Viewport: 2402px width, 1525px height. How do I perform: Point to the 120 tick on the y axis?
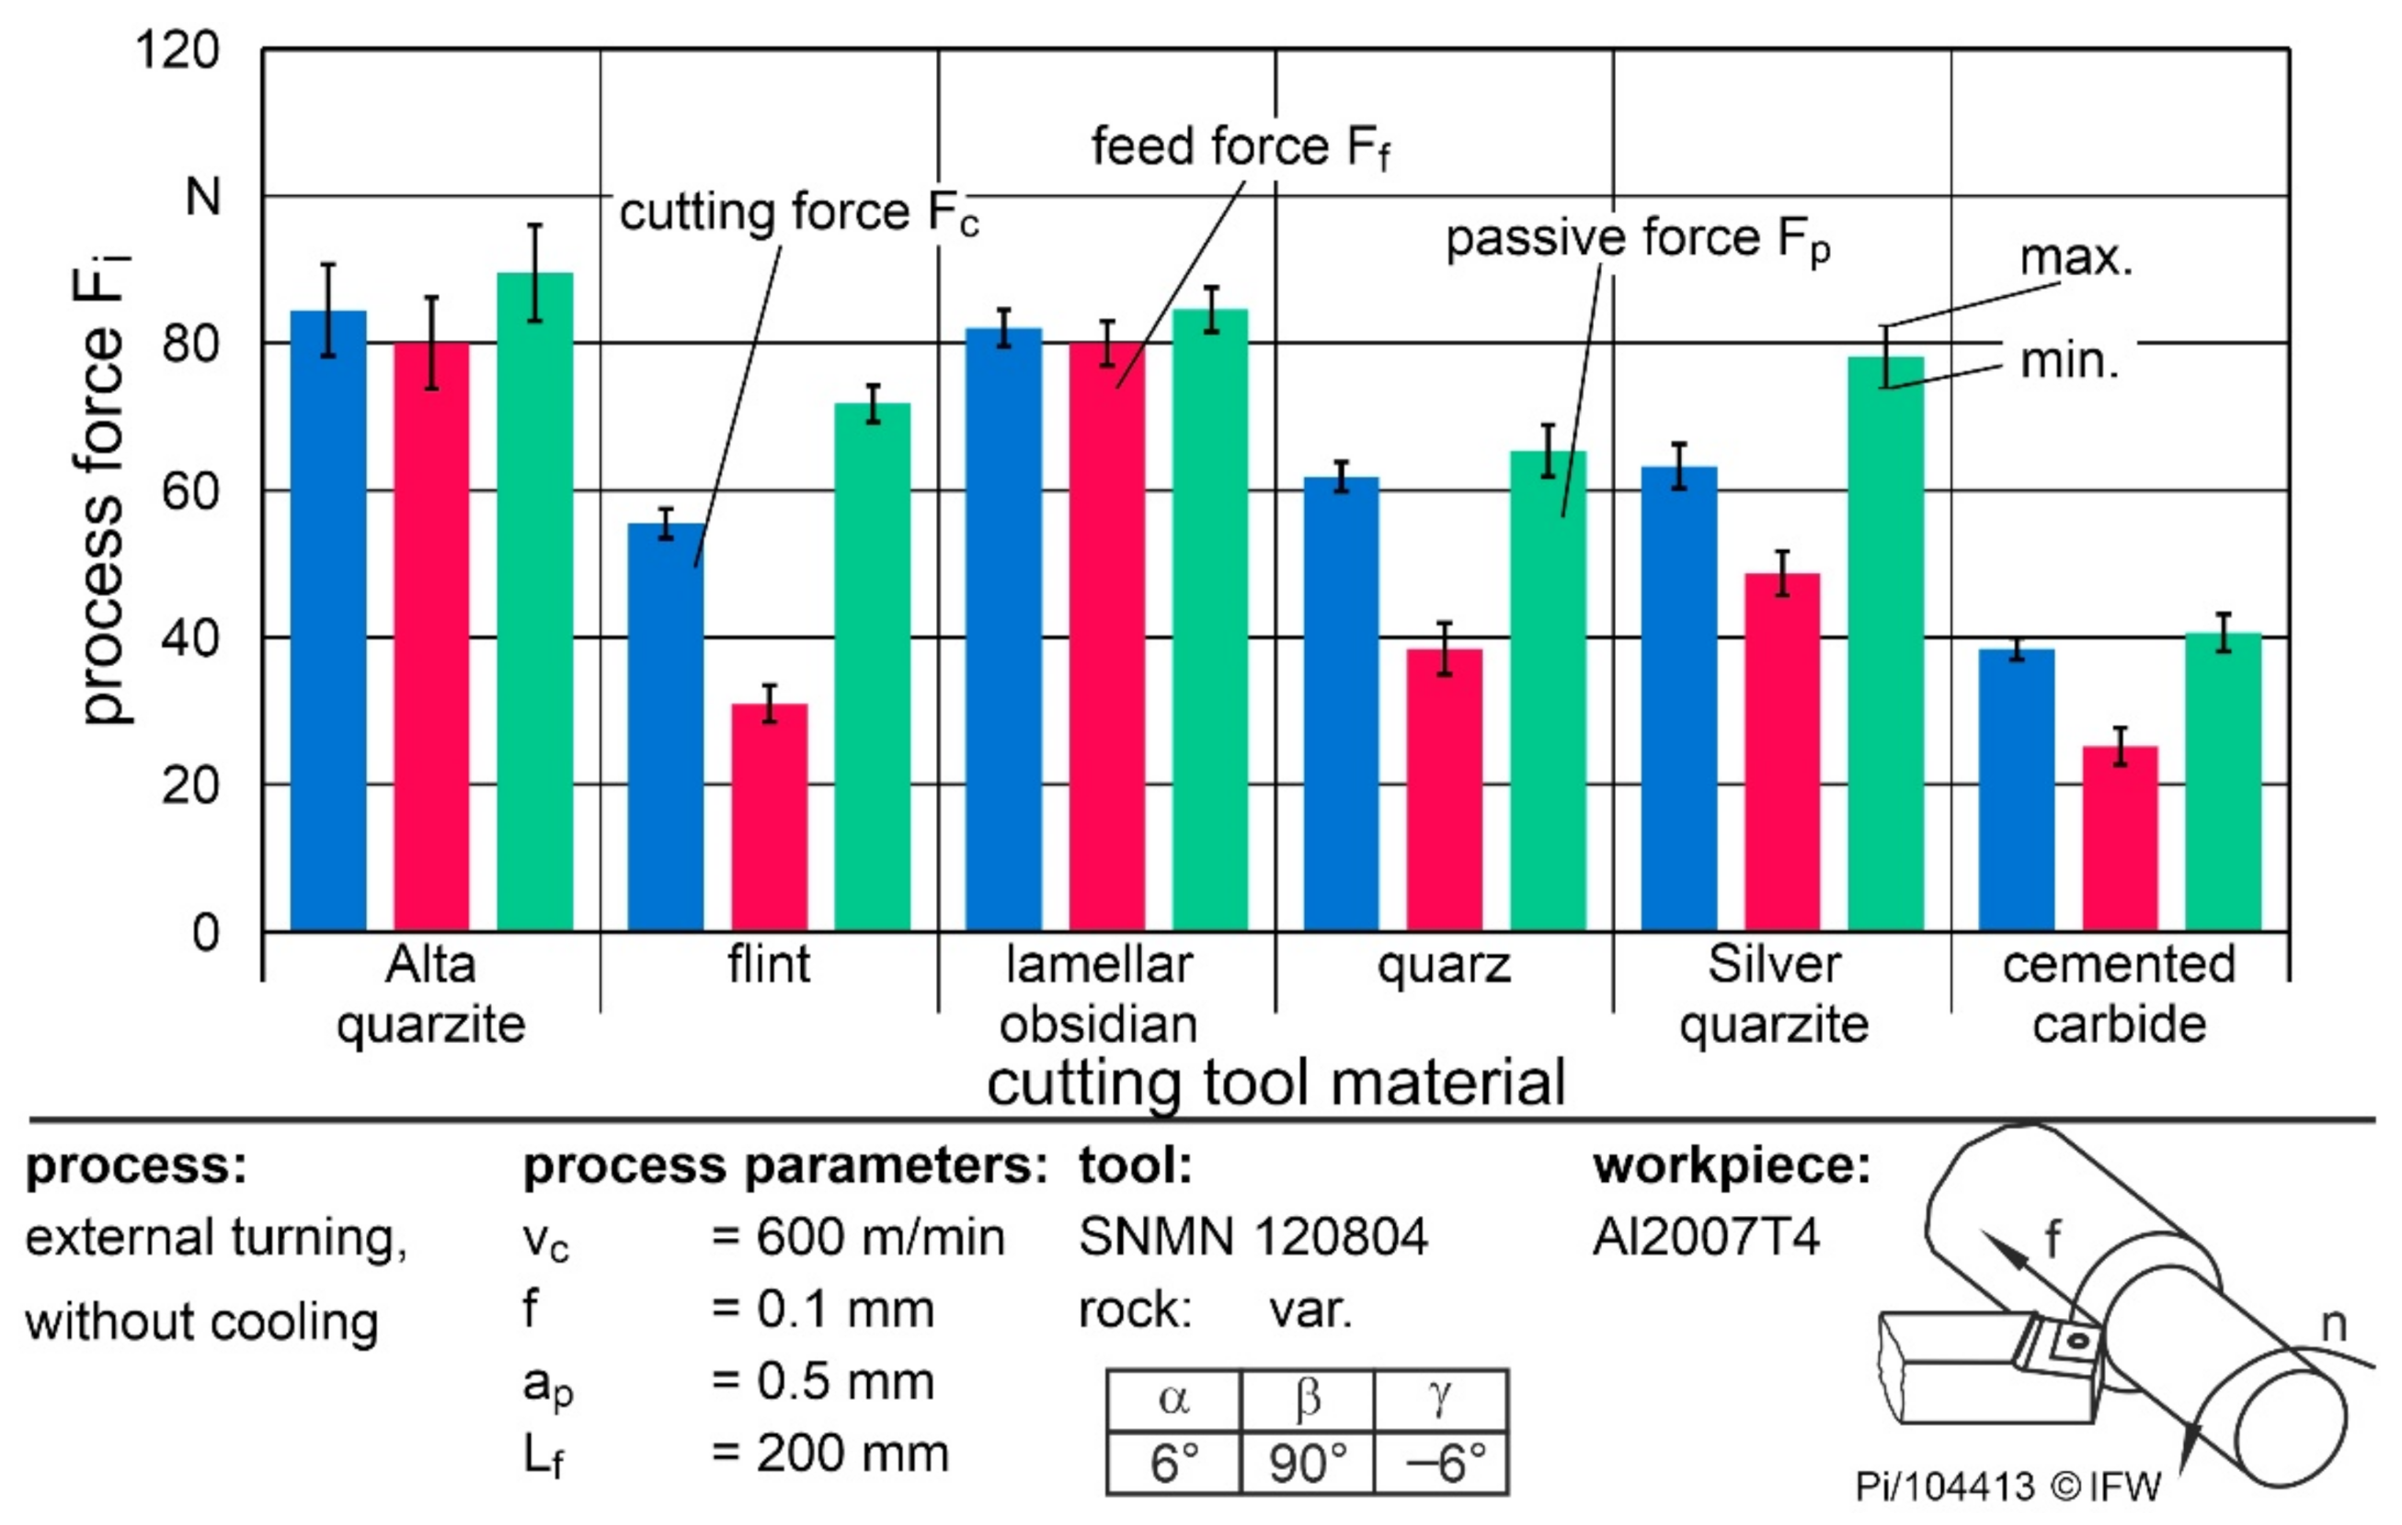(177, 50)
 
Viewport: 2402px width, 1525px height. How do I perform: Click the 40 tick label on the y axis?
(189, 638)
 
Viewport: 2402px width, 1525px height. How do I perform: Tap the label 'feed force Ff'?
(1240, 147)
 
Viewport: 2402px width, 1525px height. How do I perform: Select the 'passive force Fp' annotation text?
(1637, 239)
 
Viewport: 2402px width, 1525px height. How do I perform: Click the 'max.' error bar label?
(2075, 258)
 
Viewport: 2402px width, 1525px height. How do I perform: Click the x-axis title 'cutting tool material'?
(1275, 1084)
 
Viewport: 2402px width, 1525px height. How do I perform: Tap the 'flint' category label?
(768, 965)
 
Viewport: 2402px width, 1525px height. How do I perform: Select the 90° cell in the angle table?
(1307, 1463)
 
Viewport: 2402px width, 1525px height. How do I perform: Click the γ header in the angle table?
(1439, 1398)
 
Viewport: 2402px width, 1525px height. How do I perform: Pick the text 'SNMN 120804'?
(1252, 1237)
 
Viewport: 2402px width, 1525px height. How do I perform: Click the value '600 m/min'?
(880, 1237)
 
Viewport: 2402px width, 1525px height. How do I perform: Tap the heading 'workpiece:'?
(1732, 1165)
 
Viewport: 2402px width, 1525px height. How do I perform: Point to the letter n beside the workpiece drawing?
(2334, 1324)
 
